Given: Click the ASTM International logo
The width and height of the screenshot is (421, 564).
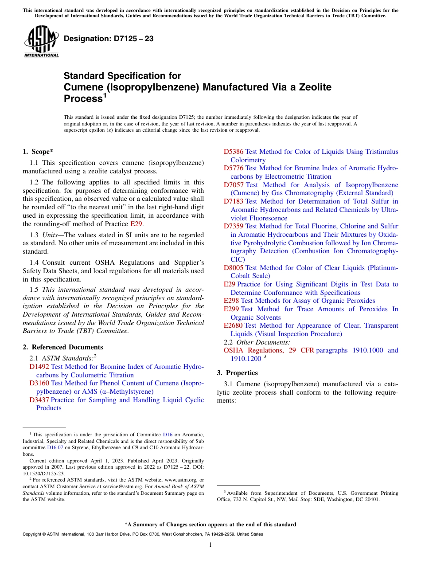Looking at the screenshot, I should tap(41, 42).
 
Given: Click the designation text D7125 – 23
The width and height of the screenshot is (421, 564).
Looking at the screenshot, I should tap(109, 39).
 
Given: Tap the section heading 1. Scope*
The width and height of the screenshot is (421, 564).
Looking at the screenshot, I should tap(38, 152).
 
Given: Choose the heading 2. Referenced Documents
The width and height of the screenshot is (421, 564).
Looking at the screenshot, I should tap(62, 347).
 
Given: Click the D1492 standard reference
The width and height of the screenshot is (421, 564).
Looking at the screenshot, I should tap(39, 367).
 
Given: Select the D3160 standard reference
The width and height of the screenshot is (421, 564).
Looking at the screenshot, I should tap(39, 383).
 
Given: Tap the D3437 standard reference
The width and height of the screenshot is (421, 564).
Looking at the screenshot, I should tap(39, 400).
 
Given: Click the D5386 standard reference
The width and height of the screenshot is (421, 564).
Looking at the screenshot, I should tap(233, 152).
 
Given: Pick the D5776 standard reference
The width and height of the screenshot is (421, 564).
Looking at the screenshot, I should tap(233, 168).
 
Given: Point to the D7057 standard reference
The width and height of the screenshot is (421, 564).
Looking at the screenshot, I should tap(233, 185).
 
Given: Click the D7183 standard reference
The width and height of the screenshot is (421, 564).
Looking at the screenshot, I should tap(233, 201).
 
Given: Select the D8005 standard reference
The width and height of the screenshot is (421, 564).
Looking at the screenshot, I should tap(233, 268).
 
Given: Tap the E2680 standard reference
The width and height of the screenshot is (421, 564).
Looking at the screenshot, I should tap(233, 325).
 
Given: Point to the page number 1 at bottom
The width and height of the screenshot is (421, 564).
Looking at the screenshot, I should tap(210, 545).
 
